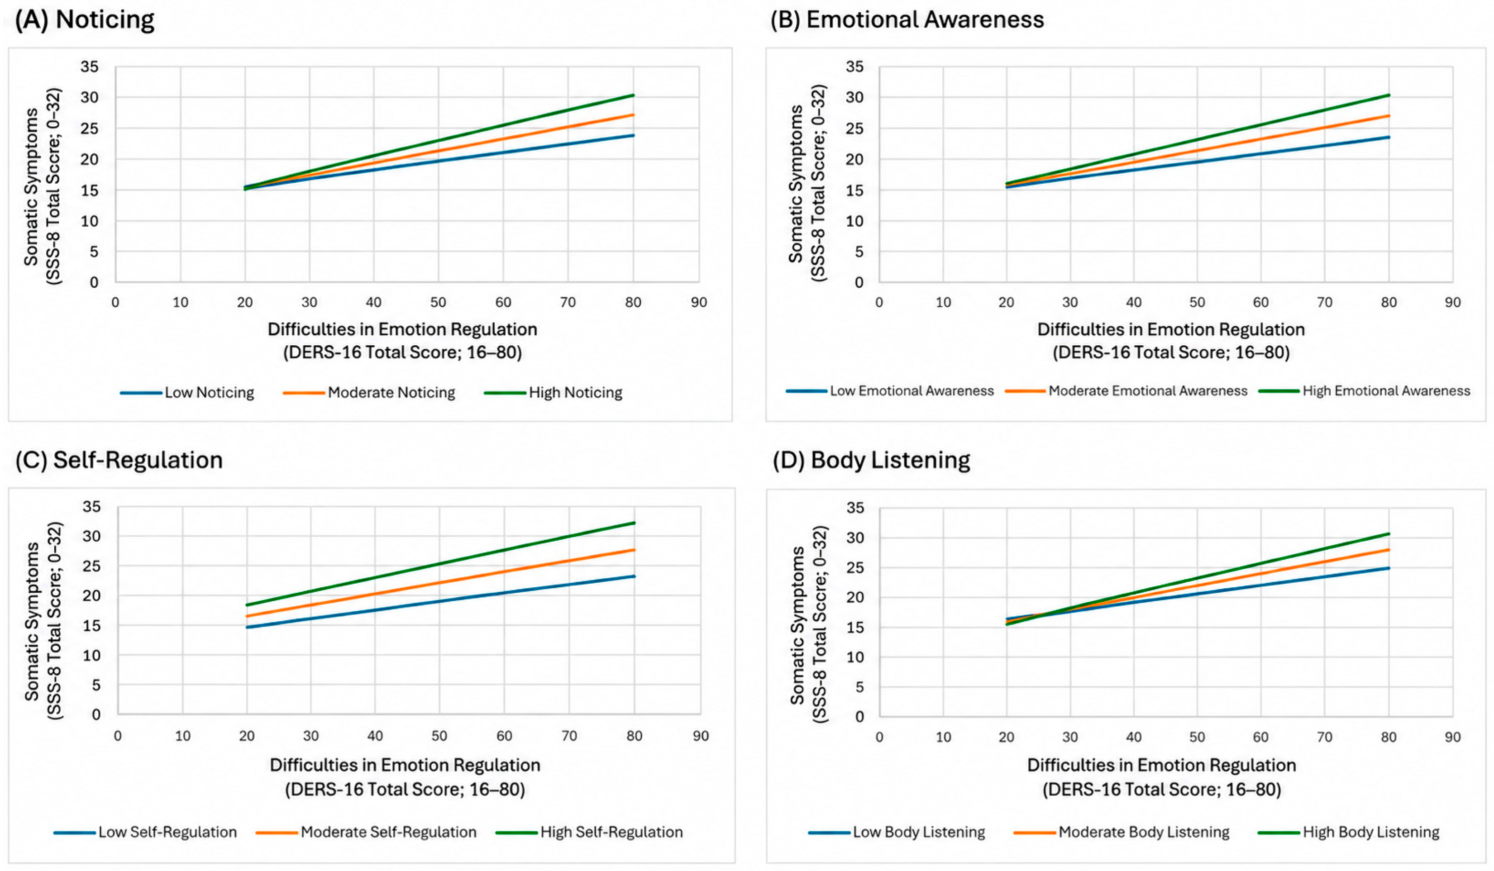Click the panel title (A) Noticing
84,19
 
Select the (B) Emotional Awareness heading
907,19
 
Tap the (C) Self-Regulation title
119,460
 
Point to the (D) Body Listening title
872,460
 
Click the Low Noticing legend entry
187,392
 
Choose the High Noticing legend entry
553,392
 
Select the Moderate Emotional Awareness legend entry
1126,391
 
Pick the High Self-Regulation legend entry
589,832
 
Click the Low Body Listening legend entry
897,832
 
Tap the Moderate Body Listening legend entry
1122,832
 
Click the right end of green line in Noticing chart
634,95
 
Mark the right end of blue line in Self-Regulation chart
635,576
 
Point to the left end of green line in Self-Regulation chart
247,605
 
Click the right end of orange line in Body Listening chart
1389,549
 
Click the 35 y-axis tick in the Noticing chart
90,67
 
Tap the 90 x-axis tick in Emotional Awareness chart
1452,302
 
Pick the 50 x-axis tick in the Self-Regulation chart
439,736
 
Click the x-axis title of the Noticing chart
402,341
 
